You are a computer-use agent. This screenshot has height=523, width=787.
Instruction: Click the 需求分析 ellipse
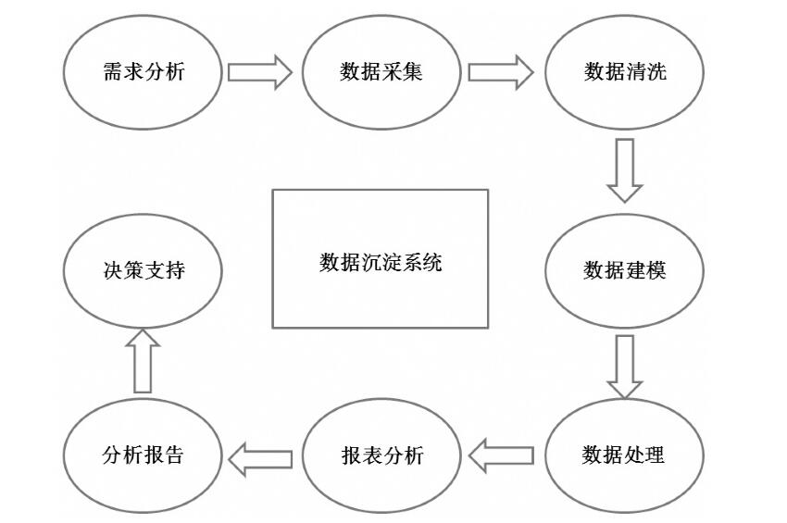[x=143, y=72]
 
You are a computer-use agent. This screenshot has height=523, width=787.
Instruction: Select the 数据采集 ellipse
[x=382, y=72]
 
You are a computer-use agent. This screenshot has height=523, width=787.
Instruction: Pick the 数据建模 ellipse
[x=624, y=269]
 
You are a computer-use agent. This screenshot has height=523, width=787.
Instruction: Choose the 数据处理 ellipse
[x=624, y=455]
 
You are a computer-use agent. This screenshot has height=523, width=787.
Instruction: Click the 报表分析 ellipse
[x=382, y=455]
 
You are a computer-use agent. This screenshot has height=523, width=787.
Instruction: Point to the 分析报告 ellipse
[x=143, y=455]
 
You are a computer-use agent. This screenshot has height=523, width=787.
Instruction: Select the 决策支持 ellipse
[x=143, y=269]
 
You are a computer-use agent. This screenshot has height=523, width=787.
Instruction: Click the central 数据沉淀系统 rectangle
[x=380, y=259]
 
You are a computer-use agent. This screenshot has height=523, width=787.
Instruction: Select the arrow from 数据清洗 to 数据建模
[x=625, y=170]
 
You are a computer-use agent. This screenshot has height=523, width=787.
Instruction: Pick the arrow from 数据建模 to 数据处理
[x=625, y=367]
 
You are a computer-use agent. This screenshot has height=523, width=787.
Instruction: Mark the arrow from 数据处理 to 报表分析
[x=501, y=455]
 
